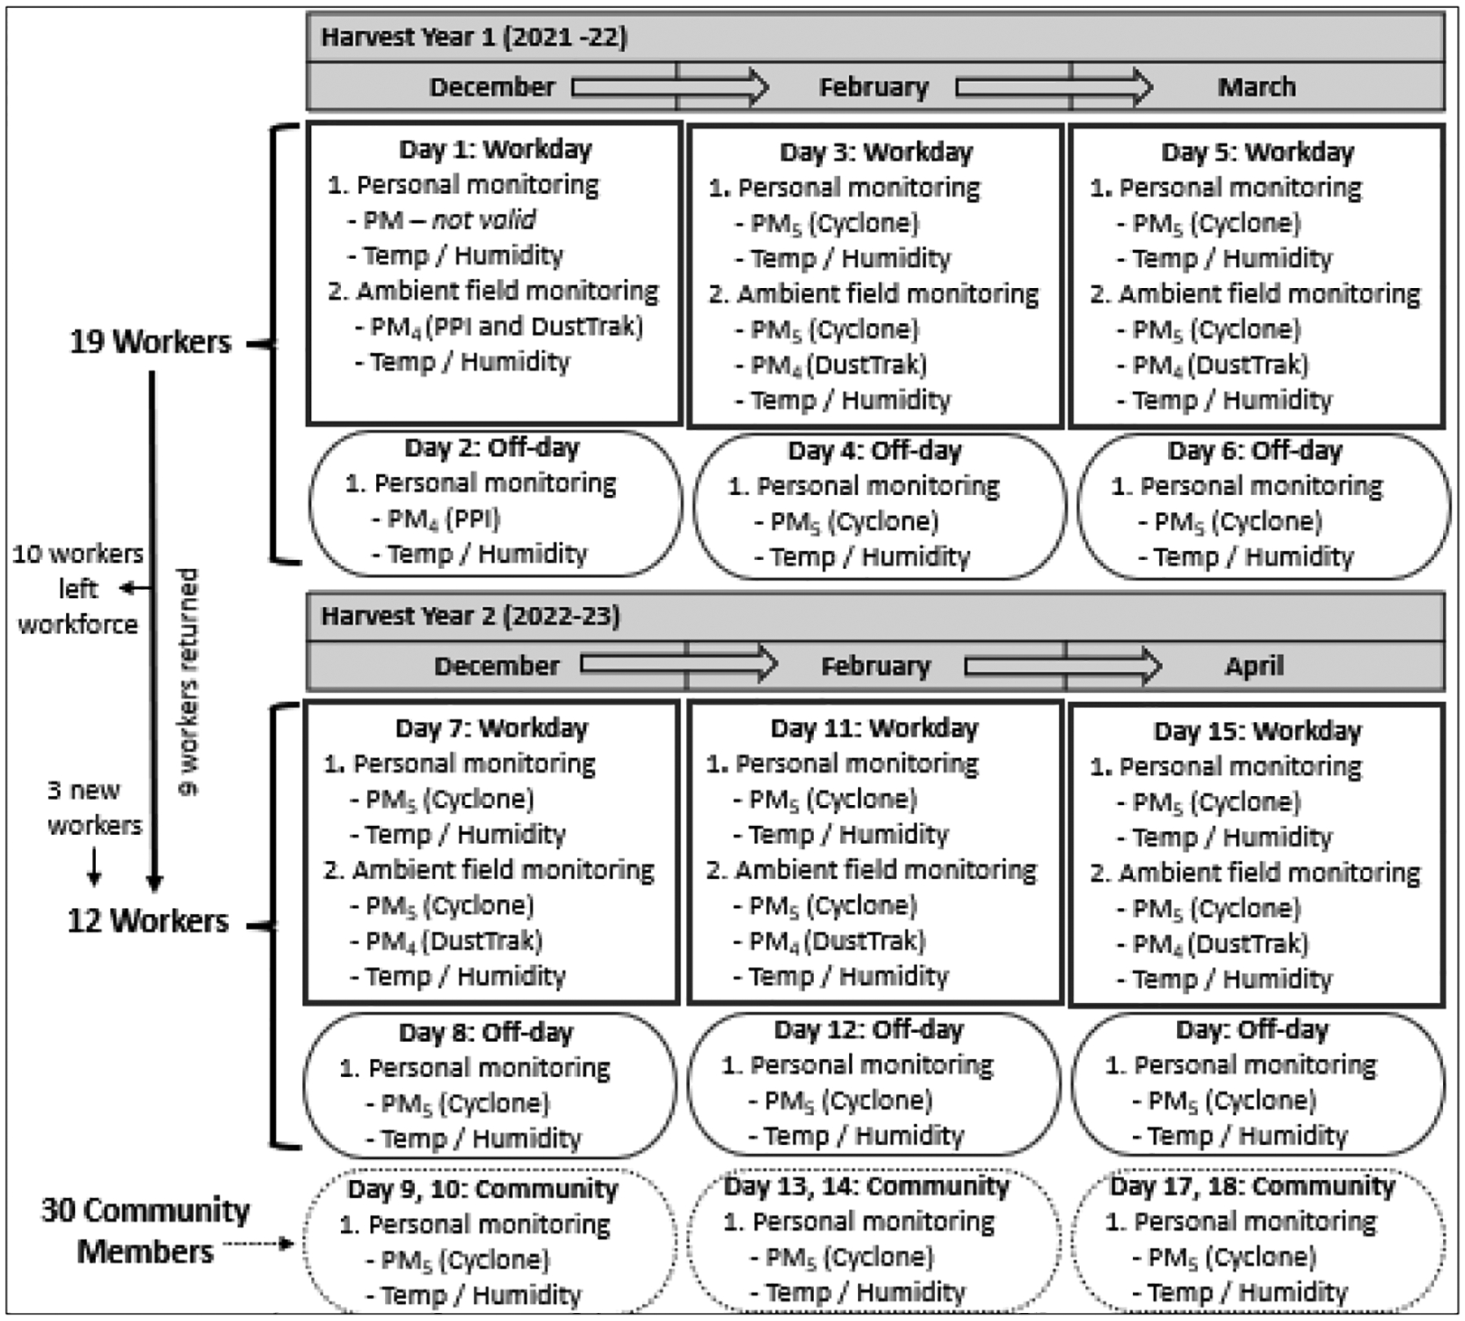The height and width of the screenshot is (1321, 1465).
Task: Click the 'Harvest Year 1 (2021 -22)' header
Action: coord(474,37)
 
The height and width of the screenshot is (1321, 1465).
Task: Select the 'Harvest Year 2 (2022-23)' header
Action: coord(470,616)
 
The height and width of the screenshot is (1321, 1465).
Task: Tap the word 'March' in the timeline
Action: coord(1256,87)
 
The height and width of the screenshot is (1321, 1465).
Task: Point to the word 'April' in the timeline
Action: coord(1254,666)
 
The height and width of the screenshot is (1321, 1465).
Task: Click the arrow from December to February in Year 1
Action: coord(670,87)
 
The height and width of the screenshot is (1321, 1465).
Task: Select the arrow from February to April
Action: coord(1062,667)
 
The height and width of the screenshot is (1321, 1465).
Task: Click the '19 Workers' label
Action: coord(151,342)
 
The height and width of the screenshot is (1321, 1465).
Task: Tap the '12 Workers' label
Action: coord(148,921)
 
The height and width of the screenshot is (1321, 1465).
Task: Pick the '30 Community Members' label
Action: coord(145,1230)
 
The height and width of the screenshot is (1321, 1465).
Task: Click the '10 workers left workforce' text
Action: coord(78,588)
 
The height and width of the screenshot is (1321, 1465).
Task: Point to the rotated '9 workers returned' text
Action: coord(188,682)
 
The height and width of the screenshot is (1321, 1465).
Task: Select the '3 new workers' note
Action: coord(94,807)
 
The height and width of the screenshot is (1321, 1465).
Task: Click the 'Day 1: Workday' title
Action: coord(495,149)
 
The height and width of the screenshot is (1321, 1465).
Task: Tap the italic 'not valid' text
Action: coord(484,220)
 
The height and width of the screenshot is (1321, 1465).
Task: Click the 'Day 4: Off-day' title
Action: coord(874,450)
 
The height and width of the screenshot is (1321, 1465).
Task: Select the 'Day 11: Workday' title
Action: coord(874,728)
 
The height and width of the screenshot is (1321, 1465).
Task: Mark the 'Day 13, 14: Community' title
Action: coord(866,1186)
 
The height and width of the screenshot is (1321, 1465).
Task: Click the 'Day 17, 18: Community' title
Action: coord(1252,1186)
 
